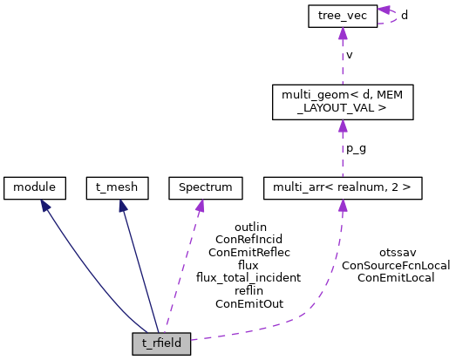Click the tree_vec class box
click(342, 17)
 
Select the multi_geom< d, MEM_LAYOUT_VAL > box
click(342, 101)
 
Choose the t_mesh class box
click(118, 186)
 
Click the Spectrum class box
click(200, 186)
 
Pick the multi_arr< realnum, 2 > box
click(342, 186)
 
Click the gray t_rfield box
click(161, 343)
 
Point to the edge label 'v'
click(350, 55)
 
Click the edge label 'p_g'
click(355, 149)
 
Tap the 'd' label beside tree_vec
click(403, 17)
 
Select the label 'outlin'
click(248, 225)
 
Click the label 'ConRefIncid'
click(248, 238)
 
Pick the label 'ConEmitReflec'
click(248, 251)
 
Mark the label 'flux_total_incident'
click(248, 277)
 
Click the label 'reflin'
click(248, 290)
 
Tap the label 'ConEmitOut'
click(248, 303)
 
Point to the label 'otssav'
click(397, 252)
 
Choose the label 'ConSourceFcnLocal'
click(397, 264)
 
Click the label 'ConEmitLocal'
click(397, 277)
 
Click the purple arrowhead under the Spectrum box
click(200, 204)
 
